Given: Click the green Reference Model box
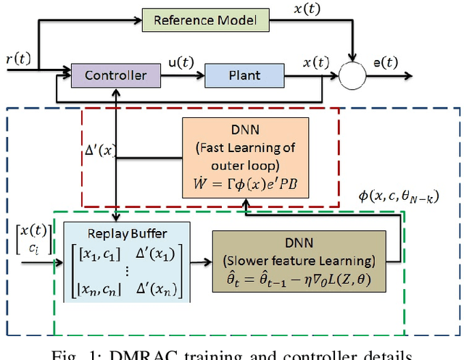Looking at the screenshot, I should (x=206, y=19).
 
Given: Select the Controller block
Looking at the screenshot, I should (x=116, y=75).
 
